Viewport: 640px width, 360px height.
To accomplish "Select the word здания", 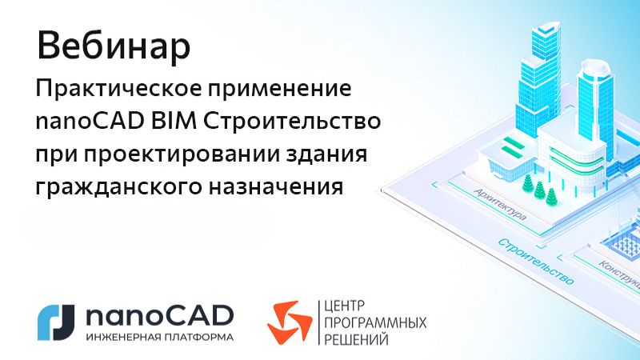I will coord(330,155).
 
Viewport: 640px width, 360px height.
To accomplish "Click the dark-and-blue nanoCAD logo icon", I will coord(57,319).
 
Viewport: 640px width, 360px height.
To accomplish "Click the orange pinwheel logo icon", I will coord(288,321).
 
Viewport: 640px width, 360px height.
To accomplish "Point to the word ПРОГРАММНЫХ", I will coord(373,322).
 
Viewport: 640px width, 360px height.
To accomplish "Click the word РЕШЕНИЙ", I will coord(354,340).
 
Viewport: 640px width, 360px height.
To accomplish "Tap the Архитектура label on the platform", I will coord(498,205).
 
